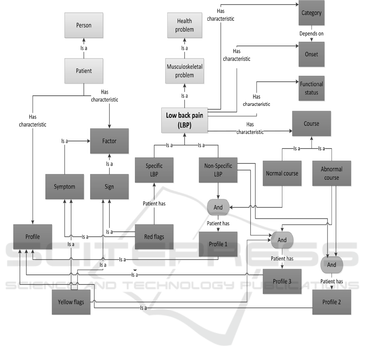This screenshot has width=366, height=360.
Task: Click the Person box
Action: click(84, 26)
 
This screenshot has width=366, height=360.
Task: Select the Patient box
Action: click(84, 71)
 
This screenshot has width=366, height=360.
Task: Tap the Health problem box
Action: click(185, 25)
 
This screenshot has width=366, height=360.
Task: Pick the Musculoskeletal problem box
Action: click(185, 71)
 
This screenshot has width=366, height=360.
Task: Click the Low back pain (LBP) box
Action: click(184, 121)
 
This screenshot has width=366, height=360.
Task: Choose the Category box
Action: click(312, 13)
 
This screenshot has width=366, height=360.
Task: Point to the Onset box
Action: click(312, 54)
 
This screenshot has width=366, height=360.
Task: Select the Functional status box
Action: click(312, 88)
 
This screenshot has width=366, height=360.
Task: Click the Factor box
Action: click(109, 141)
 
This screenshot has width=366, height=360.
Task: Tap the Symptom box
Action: click(65, 187)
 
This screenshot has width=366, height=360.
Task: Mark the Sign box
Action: click(109, 187)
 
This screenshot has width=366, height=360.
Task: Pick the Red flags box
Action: click(154, 237)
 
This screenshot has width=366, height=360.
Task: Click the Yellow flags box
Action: click(71, 302)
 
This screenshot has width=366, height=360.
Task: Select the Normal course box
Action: click(282, 173)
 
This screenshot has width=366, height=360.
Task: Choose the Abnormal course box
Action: click(331, 173)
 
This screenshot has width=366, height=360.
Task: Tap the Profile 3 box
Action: click(282, 281)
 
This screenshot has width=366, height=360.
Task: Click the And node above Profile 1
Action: click(218, 207)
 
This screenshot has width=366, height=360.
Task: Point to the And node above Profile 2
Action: click(331, 265)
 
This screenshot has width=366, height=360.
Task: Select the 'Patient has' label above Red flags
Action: click(154, 203)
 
